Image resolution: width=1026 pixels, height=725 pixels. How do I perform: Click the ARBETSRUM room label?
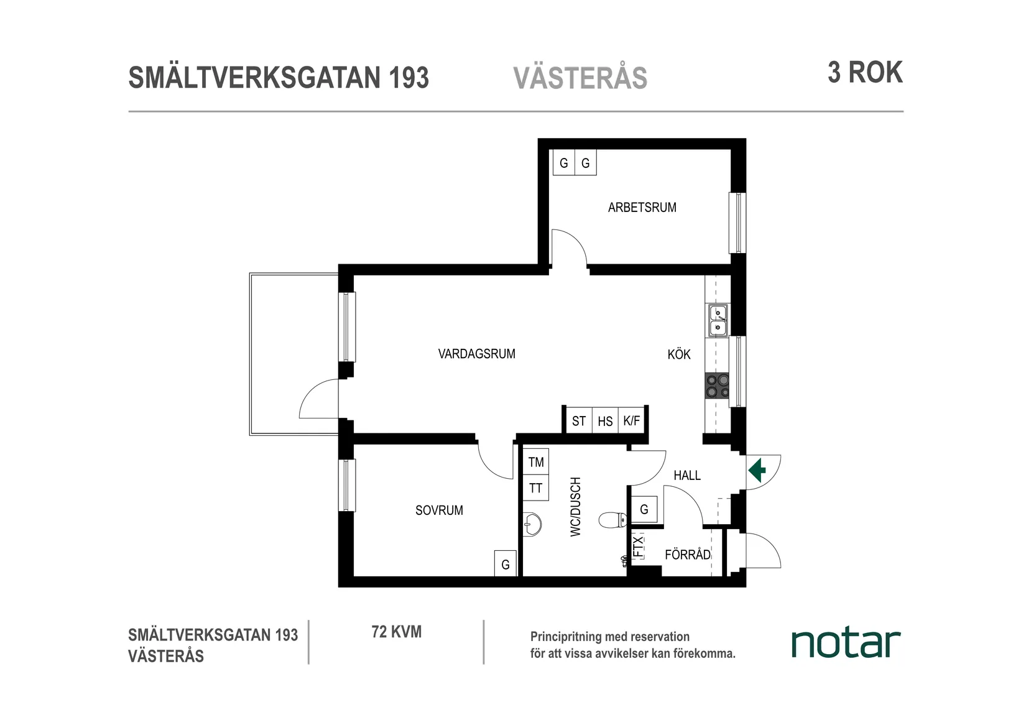click(642, 208)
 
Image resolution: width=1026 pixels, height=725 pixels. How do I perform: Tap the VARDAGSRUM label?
click(476, 354)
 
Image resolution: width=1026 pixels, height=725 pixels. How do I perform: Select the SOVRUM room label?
click(439, 510)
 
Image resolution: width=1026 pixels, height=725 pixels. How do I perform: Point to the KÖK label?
click(678, 354)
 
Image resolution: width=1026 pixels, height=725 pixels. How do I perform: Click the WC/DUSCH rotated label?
click(575, 507)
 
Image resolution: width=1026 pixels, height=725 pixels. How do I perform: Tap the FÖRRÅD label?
click(687, 555)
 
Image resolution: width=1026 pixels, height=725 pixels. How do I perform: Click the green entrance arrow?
click(757, 470)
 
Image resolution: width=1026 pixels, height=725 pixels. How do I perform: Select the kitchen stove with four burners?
click(717, 386)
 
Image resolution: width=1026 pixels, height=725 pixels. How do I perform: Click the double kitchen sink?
click(718, 320)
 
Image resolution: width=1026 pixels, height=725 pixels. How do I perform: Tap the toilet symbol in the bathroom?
click(612, 520)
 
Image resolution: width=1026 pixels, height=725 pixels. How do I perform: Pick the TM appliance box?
click(536, 462)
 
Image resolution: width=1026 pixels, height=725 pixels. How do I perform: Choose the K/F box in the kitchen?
click(631, 421)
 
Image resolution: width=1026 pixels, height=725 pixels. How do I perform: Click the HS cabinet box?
click(605, 421)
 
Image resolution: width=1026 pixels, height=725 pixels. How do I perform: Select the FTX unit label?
click(638, 547)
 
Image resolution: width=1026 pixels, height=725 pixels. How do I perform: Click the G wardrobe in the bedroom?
click(506, 565)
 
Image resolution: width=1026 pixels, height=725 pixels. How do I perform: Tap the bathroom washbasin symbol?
click(531, 524)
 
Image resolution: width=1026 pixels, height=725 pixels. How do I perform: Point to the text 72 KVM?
click(396, 632)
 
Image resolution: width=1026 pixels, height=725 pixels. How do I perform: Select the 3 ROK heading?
click(864, 73)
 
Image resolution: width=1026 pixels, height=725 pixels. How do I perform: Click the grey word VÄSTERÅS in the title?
click(580, 78)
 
